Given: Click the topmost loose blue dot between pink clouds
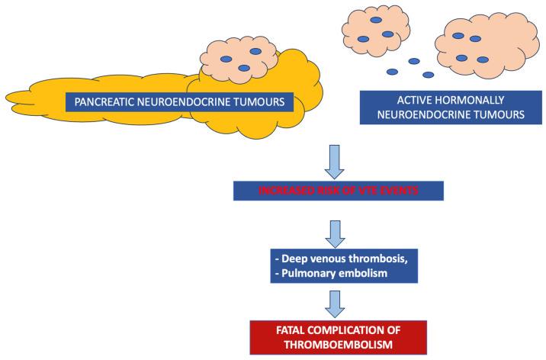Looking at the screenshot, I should [413, 61].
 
